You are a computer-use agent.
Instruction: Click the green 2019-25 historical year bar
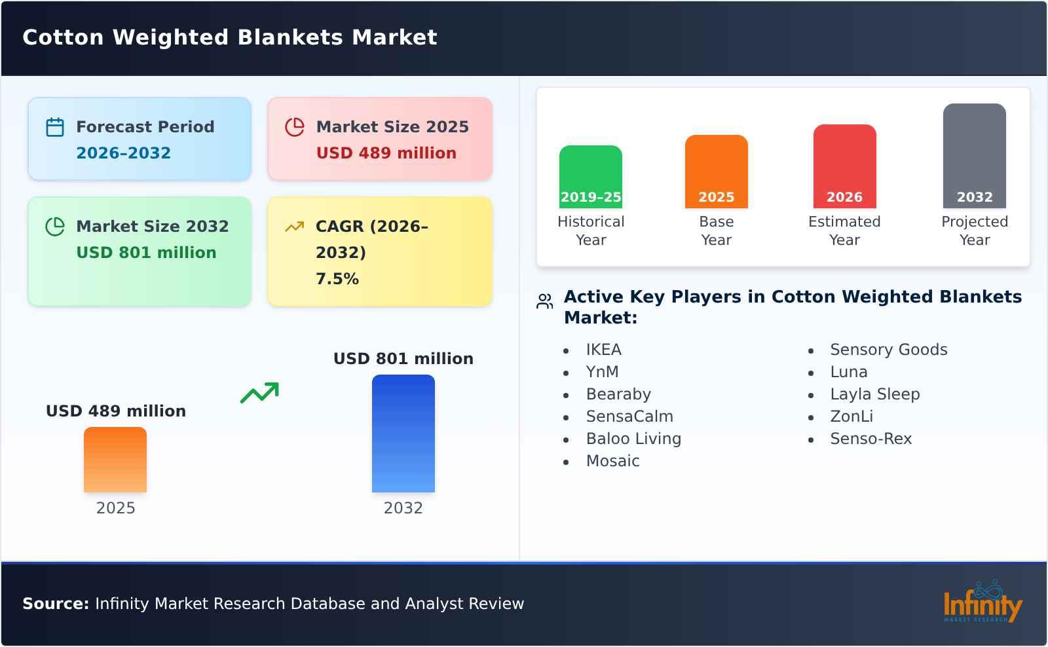590,176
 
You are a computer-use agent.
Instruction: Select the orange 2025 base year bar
716,171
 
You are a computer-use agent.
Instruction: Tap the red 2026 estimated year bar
844,166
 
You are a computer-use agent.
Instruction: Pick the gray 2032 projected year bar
974,155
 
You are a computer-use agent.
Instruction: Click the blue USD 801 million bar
403,433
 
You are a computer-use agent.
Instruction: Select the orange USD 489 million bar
115,459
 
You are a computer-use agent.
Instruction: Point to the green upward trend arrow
259,392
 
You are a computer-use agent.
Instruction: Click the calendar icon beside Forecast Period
55,127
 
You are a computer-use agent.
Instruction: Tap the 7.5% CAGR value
337,279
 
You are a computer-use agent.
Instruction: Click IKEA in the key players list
603,350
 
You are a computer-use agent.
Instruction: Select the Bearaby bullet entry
618,394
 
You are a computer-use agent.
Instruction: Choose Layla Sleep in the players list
874,394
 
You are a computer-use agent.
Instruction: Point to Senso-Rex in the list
870,439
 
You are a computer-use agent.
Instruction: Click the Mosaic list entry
612,461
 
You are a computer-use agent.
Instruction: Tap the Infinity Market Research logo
982,602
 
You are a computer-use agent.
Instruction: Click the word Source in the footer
55,604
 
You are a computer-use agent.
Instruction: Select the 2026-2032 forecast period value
123,153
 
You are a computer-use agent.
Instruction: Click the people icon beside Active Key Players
544,301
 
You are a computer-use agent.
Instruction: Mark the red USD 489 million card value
386,153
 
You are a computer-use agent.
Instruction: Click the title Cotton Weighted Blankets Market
229,37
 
